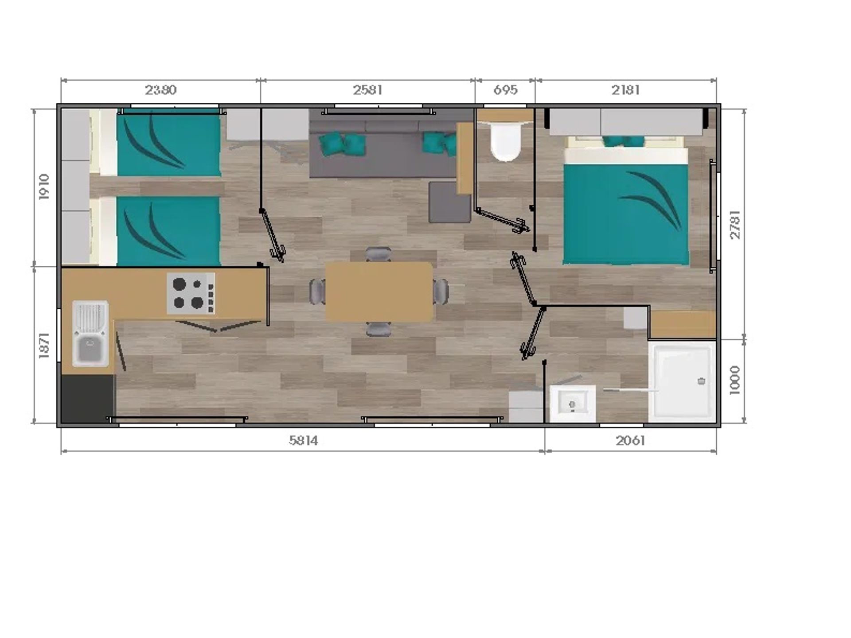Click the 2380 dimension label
pos(160,90)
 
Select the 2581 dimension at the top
pos(368,90)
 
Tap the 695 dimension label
pos(505,90)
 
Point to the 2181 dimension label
pos(625,90)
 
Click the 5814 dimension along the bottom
pos(304,440)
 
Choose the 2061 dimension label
pos(630,440)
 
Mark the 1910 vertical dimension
pos(44,187)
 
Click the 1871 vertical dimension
pos(44,345)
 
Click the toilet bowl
pos(505,141)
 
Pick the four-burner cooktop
pos(191,293)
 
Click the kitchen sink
pos(90,333)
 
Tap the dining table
pos(379,292)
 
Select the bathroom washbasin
pos(572,403)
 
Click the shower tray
pos(682,382)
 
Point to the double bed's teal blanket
pos(626,214)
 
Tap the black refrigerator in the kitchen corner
pos(88,399)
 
